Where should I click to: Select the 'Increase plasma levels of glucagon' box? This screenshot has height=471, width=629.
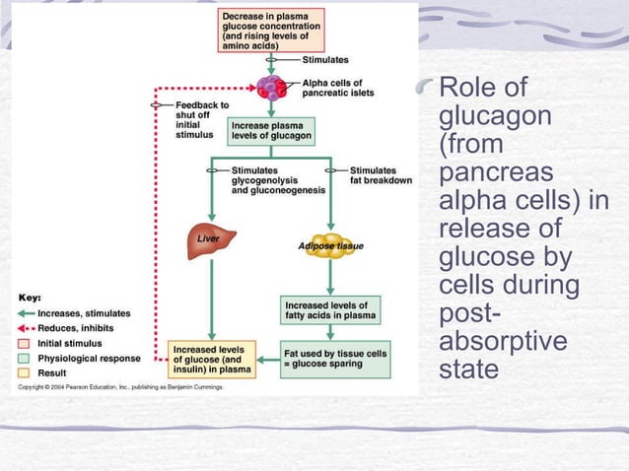tap(271, 130)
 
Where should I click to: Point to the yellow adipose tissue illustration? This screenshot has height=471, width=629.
tap(330, 245)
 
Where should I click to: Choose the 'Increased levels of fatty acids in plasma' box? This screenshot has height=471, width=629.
tap(330, 311)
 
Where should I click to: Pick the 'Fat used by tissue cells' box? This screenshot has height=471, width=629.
tap(336, 357)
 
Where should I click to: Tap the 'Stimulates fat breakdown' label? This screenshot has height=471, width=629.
tap(380, 175)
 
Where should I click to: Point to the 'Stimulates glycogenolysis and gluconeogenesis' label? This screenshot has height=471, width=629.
tap(266, 180)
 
